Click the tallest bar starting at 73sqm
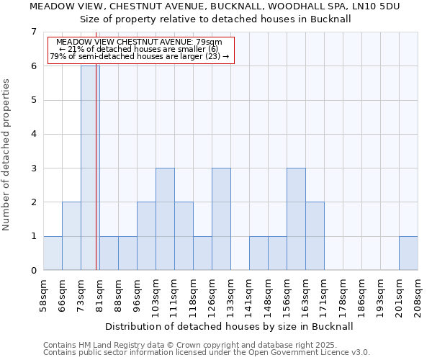90,168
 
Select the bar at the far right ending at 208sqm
408,253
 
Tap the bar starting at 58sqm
53,253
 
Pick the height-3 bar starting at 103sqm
165,219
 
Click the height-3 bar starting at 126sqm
221,219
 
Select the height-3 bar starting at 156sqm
296,219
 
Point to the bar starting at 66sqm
71,236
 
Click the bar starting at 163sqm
315,236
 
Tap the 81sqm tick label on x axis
100,293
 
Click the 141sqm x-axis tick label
250,294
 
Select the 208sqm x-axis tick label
418,294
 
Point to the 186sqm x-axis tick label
362,294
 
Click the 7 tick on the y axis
33,32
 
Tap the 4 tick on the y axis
33,134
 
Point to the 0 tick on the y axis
33,271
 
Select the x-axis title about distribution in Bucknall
230,326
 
